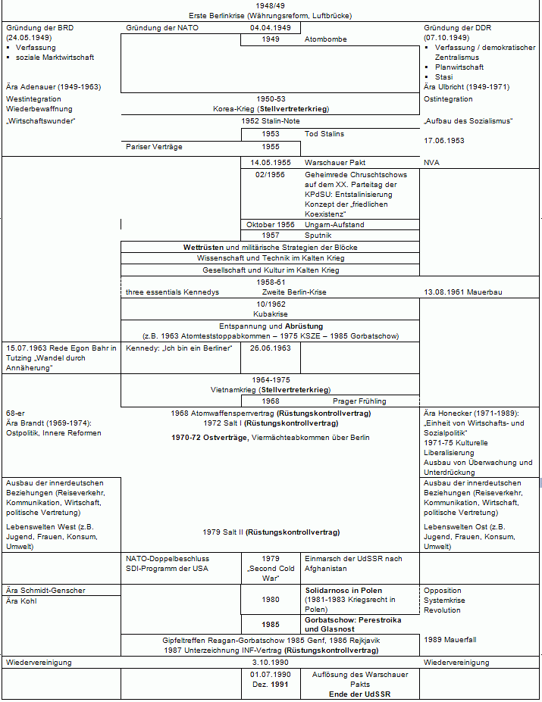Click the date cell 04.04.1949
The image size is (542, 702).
[x=270, y=27]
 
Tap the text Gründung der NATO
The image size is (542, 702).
[x=162, y=27]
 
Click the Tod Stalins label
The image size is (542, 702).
[x=324, y=134]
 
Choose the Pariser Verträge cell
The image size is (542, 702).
[x=154, y=147]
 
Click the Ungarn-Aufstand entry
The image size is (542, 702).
[x=333, y=224]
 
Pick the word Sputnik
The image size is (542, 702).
[x=319, y=236]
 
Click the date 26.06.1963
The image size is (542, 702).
[x=270, y=348]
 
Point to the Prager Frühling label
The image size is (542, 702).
[x=359, y=401]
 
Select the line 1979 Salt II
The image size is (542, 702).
[x=270, y=532]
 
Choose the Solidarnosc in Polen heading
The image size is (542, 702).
[x=343, y=590]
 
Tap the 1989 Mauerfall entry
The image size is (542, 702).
[x=450, y=640]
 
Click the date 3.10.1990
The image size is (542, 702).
[x=270, y=663]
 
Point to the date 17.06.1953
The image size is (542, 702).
[x=444, y=141]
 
